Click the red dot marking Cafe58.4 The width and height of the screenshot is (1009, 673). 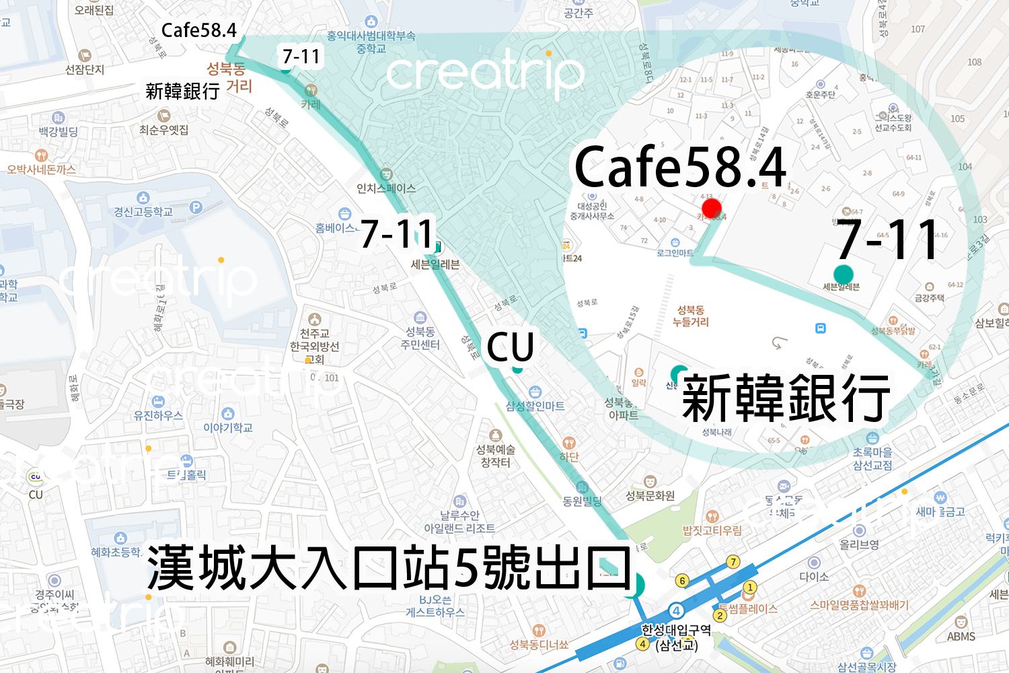tap(711, 208)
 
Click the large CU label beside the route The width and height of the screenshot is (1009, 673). tap(510, 348)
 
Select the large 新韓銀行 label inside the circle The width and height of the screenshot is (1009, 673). tap(786, 398)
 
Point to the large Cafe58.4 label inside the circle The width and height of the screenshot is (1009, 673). tap(680, 167)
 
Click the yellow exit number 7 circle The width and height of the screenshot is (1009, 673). tap(733, 562)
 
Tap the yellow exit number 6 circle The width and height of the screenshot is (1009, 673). tap(682, 580)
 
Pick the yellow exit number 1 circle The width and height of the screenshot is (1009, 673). tap(750, 588)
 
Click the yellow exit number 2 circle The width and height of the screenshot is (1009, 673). tap(720, 615)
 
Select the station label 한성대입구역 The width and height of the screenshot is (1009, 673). tap(675, 631)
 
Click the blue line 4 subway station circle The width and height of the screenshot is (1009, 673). tap(676, 611)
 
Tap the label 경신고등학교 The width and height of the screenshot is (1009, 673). tap(143, 212)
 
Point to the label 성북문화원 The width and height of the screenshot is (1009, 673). tap(650, 496)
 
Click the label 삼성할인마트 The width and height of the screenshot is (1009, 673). tap(535, 406)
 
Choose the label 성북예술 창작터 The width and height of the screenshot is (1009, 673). tap(496, 456)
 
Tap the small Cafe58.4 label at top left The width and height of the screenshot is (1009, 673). tap(198, 30)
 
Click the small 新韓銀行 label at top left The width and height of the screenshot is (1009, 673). tap(182, 91)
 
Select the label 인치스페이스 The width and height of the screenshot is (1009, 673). tap(386, 188)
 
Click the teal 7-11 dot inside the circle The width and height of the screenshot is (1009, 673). tap(843, 274)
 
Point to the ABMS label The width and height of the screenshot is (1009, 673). tap(961, 637)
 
